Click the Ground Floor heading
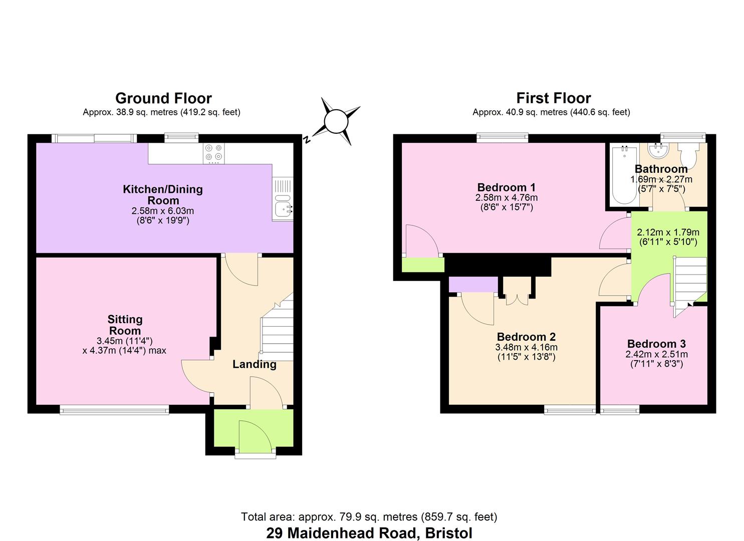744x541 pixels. (163, 98)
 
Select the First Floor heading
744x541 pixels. (553, 98)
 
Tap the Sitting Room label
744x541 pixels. (125, 325)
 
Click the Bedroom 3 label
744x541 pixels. (656, 344)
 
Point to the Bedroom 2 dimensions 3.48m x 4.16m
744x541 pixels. (526, 347)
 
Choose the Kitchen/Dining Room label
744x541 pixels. (163, 195)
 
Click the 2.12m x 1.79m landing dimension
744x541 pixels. (668, 232)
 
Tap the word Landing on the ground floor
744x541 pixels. (254, 364)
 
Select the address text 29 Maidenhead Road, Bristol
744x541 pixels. (369, 533)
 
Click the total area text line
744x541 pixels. (369, 517)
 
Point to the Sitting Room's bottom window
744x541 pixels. (114, 410)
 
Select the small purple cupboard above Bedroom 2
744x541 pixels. (473, 285)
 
